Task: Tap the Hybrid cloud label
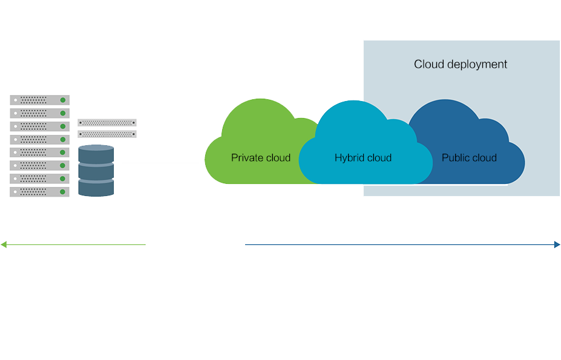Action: click(363, 158)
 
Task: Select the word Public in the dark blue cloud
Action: click(455, 158)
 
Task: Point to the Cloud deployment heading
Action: click(461, 64)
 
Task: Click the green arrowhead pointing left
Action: click(4, 244)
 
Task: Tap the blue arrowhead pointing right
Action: click(557, 244)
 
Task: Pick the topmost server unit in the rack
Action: click(39, 100)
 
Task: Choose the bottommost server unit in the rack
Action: click(39, 192)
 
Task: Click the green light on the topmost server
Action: click(62, 100)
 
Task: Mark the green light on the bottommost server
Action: click(62, 192)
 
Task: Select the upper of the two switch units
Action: click(107, 123)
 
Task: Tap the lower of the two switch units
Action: click(107, 134)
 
